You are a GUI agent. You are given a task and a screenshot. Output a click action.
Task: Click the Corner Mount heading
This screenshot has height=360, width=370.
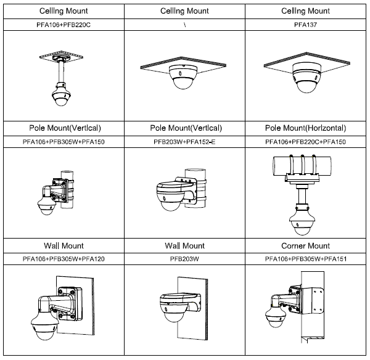(x=306, y=246)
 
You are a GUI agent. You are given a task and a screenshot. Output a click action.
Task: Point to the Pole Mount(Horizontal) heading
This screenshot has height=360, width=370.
(x=306, y=128)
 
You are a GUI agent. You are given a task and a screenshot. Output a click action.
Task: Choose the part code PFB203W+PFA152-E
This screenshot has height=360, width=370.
(x=185, y=142)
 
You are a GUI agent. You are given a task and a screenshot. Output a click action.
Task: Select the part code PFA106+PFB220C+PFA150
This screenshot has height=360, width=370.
(x=306, y=142)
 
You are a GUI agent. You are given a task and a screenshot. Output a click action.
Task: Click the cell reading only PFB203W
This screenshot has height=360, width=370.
(x=185, y=259)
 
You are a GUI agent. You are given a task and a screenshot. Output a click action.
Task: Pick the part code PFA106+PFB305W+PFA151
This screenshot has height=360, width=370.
(x=306, y=259)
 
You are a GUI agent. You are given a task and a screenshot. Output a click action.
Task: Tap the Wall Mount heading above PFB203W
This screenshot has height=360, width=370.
(x=185, y=246)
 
